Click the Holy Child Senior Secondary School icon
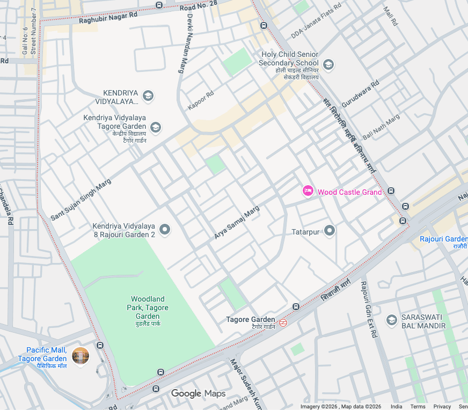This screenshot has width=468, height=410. (x=328, y=65)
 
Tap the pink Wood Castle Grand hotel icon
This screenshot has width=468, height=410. (x=308, y=191)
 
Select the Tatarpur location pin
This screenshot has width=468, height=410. (x=330, y=231)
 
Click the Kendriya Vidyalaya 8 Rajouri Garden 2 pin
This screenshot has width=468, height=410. (x=165, y=230)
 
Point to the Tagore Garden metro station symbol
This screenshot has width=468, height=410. (x=283, y=323)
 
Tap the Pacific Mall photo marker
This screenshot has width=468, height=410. (x=81, y=355)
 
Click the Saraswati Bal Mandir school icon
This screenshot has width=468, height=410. (x=392, y=320)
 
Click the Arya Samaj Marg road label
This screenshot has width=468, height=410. (x=237, y=222)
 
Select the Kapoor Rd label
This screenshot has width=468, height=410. (x=201, y=100)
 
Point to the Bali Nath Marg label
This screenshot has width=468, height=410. (x=381, y=127)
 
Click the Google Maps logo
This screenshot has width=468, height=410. (x=199, y=394)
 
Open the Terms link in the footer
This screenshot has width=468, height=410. (x=418, y=406)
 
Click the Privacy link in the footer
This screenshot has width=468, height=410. (x=442, y=406)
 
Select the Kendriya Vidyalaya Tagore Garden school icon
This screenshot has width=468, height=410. (x=156, y=127)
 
